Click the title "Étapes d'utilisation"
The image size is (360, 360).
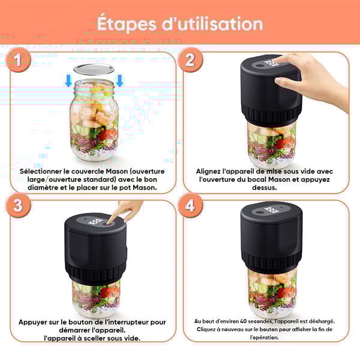point(180,23)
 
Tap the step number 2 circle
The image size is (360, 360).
point(190,59)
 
